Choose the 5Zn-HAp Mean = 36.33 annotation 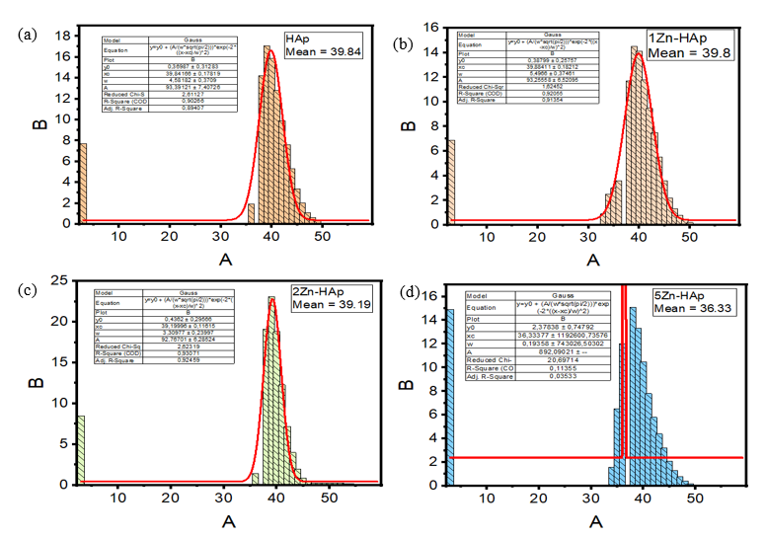(x=690, y=301)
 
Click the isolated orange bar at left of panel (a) (x=83, y=183)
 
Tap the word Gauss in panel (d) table (x=553, y=295)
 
